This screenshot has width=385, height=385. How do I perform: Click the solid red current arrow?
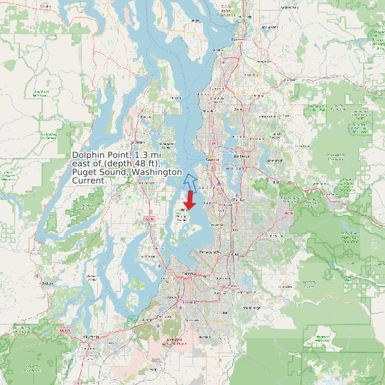(190, 199)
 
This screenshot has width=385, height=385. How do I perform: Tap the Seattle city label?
(211, 161)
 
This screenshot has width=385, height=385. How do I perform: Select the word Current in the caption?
(89, 180)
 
